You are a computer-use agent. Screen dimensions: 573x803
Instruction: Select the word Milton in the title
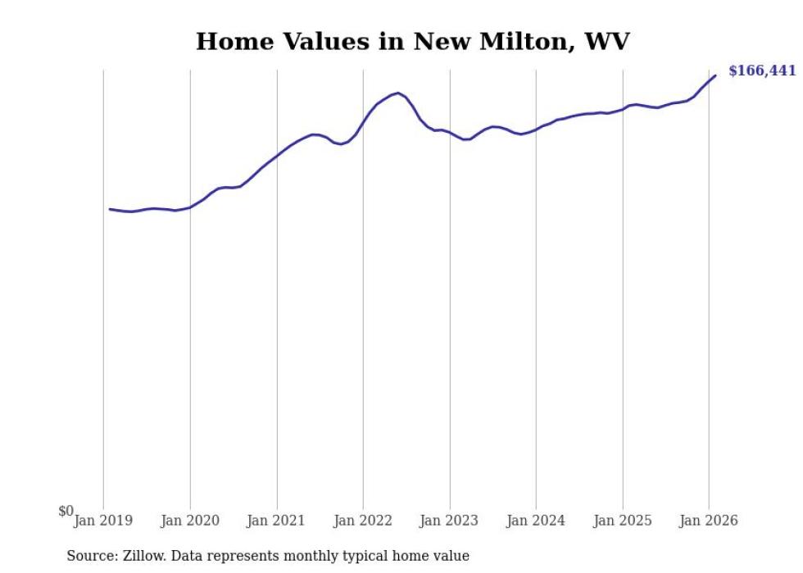click(x=524, y=42)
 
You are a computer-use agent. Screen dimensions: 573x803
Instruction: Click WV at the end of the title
click(x=607, y=42)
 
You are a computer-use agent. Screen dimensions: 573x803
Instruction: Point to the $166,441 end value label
click(x=762, y=71)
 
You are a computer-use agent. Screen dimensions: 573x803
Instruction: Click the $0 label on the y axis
click(x=66, y=512)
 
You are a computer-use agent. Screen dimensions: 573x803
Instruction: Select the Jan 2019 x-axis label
click(x=103, y=521)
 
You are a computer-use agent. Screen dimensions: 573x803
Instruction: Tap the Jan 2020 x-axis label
click(x=190, y=521)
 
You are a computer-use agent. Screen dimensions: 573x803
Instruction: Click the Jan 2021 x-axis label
click(x=277, y=521)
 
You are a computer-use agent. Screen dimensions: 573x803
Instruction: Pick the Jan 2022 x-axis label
click(x=363, y=521)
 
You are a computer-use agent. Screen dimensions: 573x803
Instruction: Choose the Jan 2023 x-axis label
click(x=450, y=521)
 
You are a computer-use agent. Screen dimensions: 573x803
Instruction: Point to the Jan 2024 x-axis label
click(x=536, y=521)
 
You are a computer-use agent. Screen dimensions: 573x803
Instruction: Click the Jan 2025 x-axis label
click(x=623, y=521)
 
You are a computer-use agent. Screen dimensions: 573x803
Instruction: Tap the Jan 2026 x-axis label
click(x=710, y=521)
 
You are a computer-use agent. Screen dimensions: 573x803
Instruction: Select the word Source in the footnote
click(x=90, y=557)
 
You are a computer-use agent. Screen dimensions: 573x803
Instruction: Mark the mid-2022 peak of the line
click(x=397, y=93)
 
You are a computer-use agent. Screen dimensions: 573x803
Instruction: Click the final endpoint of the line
click(x=715, y=75)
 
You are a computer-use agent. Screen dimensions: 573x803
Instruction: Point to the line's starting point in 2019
click(x=110, y=209)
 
